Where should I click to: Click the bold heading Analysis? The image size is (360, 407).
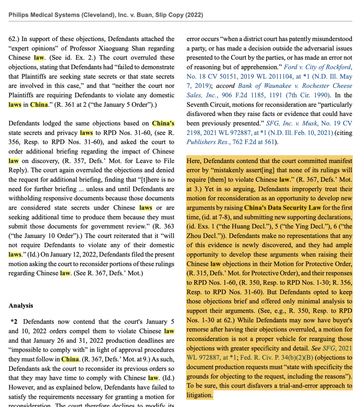(21, 306)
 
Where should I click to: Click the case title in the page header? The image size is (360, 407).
(106, 15)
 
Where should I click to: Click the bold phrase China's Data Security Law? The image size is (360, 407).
(282, 207)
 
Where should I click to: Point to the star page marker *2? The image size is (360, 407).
(15, 321)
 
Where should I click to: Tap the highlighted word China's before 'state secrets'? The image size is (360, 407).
(163, 123)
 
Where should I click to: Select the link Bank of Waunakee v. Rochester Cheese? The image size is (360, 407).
(295, 86)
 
